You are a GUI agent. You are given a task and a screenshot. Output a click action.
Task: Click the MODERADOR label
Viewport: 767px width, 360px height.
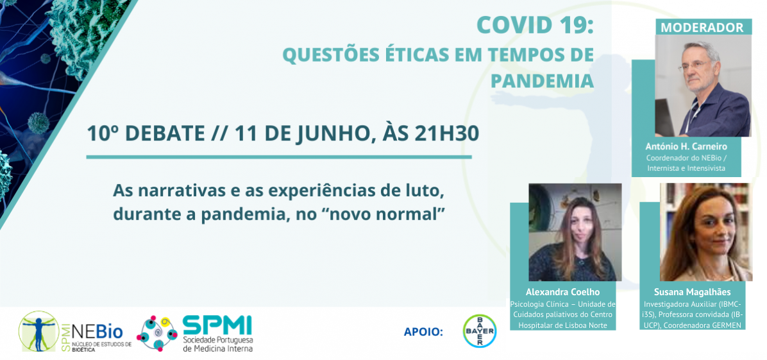[x=702, y=28]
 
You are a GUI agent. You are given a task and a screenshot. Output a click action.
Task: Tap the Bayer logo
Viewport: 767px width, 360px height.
[x=480, y=331]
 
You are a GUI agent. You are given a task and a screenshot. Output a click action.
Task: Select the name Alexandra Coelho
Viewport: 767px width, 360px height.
[x=562, y=293]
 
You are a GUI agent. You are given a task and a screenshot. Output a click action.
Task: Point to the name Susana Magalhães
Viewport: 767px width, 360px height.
[x=692, y=293]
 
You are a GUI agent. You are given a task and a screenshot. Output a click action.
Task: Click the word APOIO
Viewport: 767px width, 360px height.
[x=423, y=332]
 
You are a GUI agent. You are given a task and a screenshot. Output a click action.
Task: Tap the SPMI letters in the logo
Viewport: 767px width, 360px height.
[x=217, y=325]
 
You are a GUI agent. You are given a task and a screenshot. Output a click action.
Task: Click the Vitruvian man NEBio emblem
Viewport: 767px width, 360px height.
[x=38, y=331]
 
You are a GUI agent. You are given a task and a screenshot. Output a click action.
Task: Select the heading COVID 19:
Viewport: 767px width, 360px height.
[x=535, y=26]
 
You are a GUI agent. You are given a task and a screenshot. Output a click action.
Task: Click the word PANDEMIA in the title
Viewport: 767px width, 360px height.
[x=542, y=81]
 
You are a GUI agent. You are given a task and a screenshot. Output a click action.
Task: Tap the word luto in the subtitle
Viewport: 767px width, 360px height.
[x=426, y=191]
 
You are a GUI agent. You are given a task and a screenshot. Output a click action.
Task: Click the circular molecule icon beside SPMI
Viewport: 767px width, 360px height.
[x=156, y=334]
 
